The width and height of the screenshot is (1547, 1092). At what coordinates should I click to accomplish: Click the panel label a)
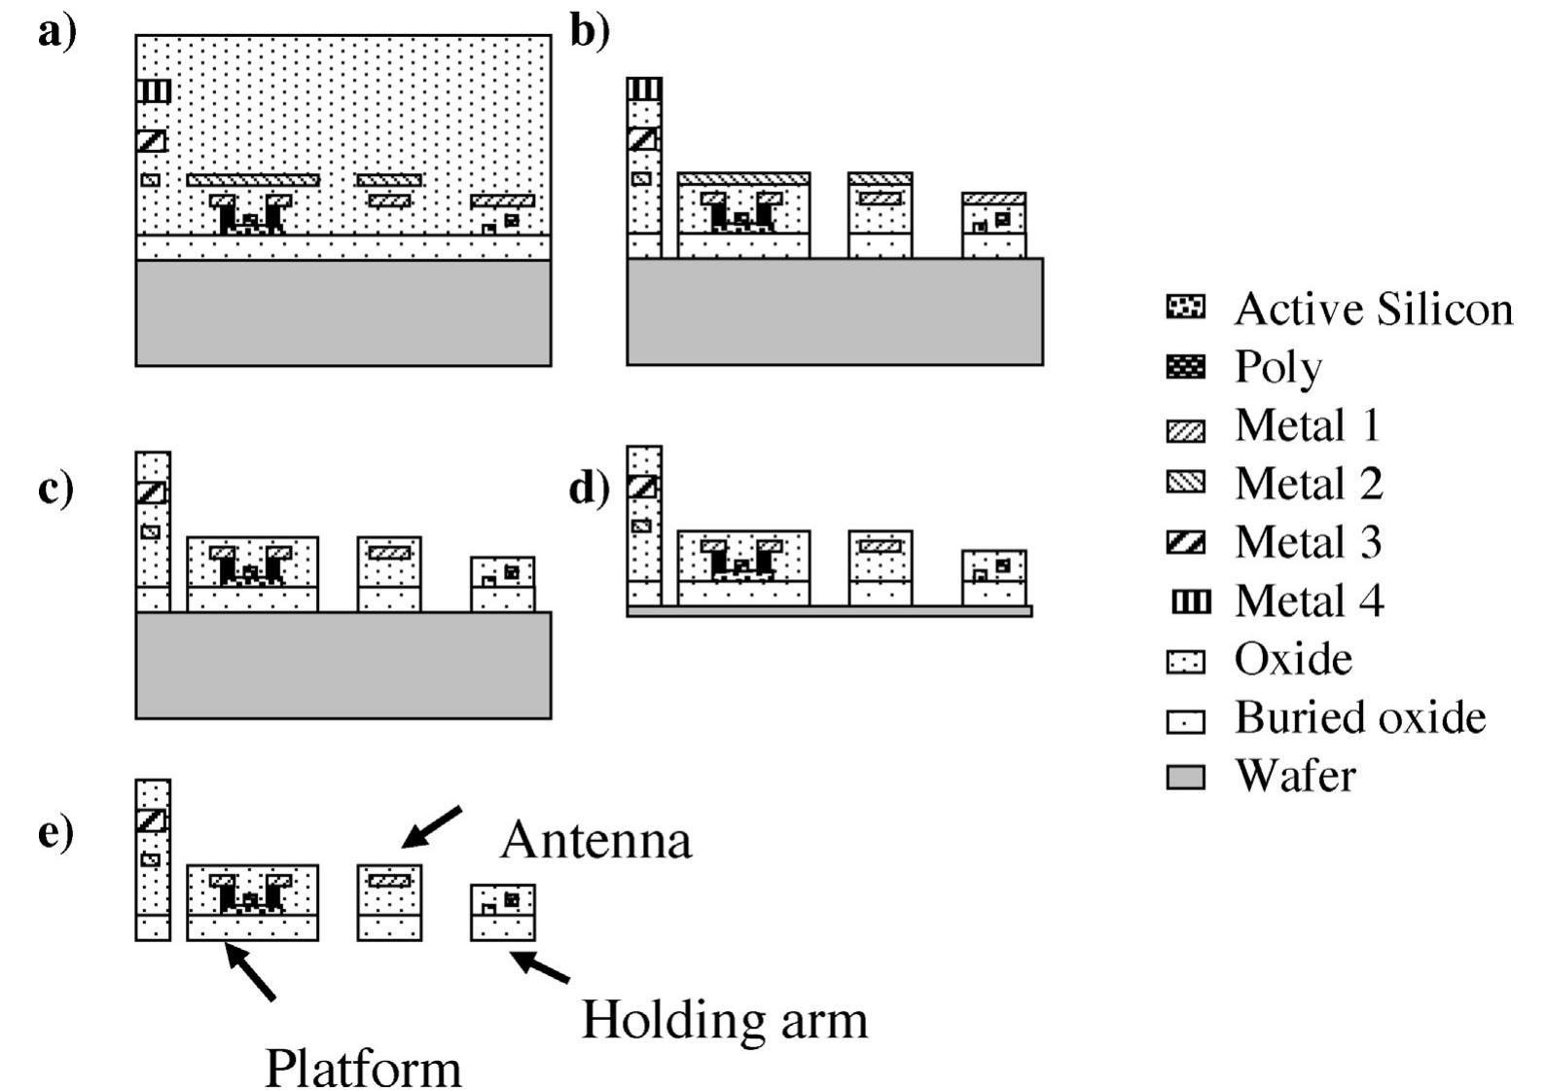[x=56, y=34]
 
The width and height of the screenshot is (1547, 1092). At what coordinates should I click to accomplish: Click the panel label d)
[x=589, y=488]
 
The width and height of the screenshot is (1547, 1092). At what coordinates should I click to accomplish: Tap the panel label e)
[x=56, y=833]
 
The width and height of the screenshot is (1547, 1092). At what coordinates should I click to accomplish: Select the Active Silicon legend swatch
[x=1184, y=309]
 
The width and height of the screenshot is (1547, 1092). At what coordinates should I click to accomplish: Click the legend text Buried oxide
[x=1359, y=718]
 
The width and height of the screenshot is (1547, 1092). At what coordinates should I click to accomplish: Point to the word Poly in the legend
[x=1277, y=368]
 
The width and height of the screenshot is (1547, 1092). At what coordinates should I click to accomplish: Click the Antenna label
[x=595, y=840]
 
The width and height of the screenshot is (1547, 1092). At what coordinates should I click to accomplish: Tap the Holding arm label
[x=724, y=1020]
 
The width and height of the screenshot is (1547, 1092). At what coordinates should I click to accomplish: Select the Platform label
[x=363, y=1069]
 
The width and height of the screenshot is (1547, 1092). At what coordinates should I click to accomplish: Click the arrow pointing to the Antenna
[x=432, y=827]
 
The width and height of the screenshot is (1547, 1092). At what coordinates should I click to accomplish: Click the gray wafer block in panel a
[x=342, y=312]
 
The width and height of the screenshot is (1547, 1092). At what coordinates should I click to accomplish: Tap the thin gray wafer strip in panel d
[x=829, y=611]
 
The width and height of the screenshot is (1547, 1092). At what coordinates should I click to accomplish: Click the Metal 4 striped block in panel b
[x=643, y=90]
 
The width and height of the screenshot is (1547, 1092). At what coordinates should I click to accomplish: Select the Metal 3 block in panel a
[x=151, y=140]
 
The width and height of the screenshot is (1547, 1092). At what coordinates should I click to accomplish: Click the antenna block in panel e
[x=389, y=902]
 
